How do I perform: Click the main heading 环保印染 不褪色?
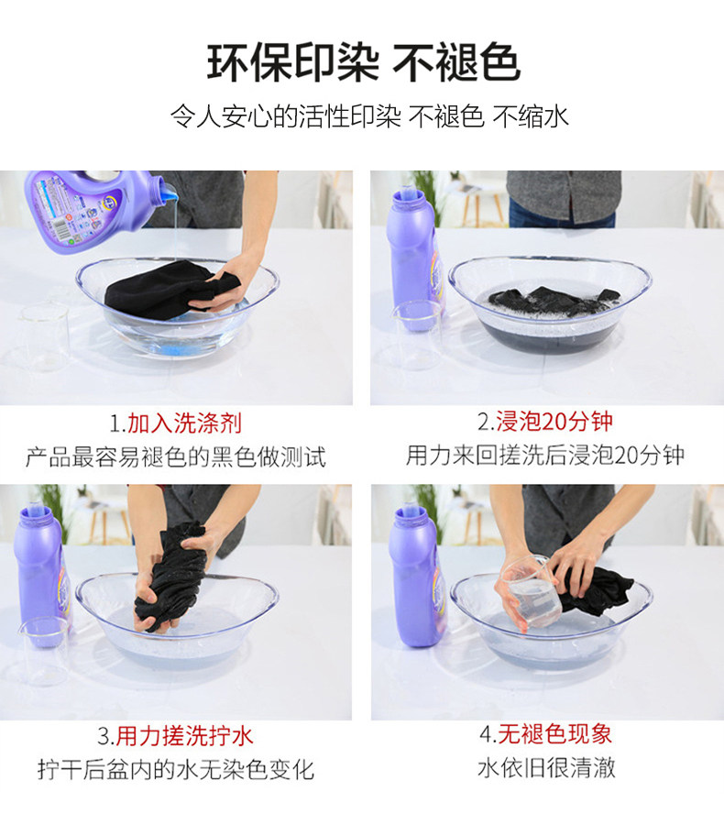(363, 63)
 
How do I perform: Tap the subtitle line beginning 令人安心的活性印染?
(369, 116)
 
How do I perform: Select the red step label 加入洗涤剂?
(184, 423)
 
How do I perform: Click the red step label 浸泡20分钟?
(554, 421)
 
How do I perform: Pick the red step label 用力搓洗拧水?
(184, 735)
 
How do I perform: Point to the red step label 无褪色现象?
(554, 734)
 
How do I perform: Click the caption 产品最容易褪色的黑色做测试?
(176, 456)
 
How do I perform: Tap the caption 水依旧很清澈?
(546, 767)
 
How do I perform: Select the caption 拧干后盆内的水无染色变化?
(176, 769)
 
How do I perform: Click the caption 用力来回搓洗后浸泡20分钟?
(545, 455)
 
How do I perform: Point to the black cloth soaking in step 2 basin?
(554, 301)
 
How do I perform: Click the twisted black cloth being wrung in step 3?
(171, 577)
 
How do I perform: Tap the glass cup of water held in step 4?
(532, 592)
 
